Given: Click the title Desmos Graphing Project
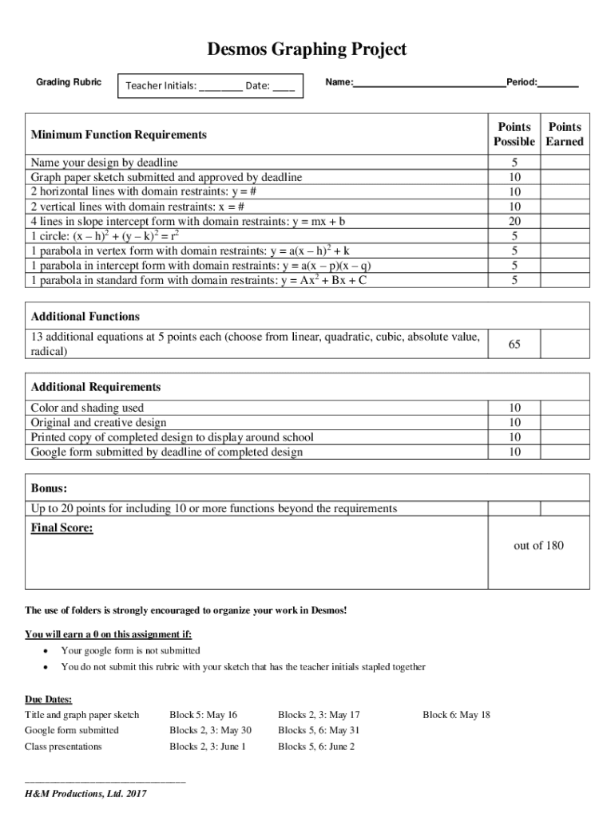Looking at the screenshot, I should [307, 49].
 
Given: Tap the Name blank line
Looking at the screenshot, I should [429, 82].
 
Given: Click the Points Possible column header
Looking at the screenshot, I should [514, 134].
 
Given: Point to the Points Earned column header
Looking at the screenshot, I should [565, 134].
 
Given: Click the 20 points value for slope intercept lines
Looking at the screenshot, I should [514, 221].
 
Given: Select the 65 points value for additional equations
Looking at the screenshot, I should [514, 344].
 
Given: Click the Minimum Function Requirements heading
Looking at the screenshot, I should [118, 135].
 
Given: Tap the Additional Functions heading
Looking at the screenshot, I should [85, 317].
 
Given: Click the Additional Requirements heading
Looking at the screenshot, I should [95, 387].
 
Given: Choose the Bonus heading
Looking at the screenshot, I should [49, 487].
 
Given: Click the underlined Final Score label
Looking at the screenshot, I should [61, 527].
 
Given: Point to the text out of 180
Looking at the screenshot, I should [538, 546].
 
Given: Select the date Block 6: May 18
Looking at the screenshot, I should [456, 715].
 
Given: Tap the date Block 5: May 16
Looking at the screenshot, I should [204, 715].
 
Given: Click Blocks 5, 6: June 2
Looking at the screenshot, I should [316, 747].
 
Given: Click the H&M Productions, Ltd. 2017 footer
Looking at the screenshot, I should [85, 794].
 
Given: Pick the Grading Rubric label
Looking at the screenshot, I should [69, 82].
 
